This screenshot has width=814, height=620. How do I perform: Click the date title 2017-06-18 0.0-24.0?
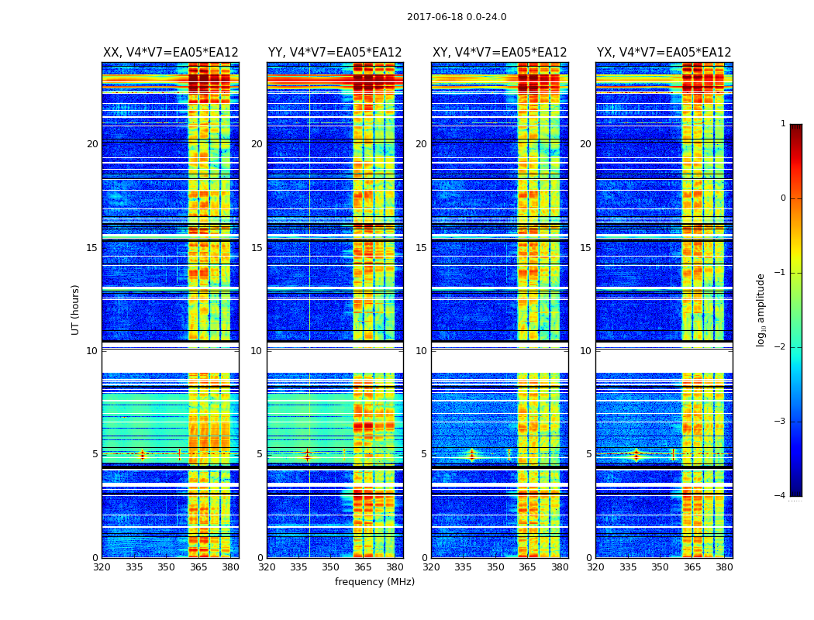coord(457,17)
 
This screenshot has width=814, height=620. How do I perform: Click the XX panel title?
coord(171,53)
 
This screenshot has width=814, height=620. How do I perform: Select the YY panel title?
coord(335,53)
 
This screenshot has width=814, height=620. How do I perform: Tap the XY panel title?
coord(499,53)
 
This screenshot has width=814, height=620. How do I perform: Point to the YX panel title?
coord(664,53)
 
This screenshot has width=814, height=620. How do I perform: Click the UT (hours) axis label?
coord(76,309)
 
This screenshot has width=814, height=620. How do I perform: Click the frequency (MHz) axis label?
coord(374,582)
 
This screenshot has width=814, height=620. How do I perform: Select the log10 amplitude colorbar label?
coord(761,309)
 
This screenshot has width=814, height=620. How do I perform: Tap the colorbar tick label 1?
coord(783,124)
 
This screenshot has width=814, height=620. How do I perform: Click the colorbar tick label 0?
coord(783,198)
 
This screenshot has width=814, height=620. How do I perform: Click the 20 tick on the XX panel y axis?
coord(92,144)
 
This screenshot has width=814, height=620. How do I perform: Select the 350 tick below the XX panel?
coord(166,567)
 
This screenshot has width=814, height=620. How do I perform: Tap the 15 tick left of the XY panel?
coord(421,248)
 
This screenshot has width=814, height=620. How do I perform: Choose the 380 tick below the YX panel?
coord(724,567)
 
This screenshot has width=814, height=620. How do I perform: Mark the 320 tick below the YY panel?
coord(267,567)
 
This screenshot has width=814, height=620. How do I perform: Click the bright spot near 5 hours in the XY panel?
coord(471,454)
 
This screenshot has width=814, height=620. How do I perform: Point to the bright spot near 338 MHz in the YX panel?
coord(636,454)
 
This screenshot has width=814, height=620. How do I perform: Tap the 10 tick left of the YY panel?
coord(257,351)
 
